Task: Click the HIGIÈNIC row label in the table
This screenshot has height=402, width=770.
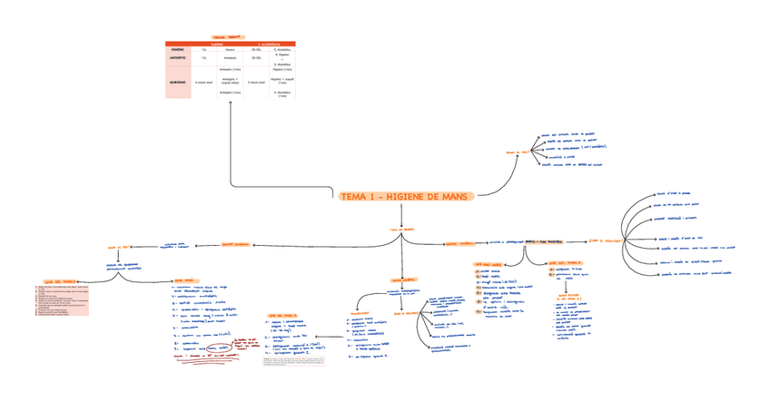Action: (x=178, y=49)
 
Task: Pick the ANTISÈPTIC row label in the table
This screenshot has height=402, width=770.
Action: (x=178, y=57)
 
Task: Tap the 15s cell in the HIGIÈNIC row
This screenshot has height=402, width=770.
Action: (x=203, y=49)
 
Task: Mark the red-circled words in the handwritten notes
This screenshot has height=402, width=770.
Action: (x=216, y=348)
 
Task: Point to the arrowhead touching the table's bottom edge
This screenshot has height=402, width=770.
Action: (x=231, y=102)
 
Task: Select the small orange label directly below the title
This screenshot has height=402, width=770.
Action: (x=401, y=230)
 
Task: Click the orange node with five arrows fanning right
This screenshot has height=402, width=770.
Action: (x=523, y=152)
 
